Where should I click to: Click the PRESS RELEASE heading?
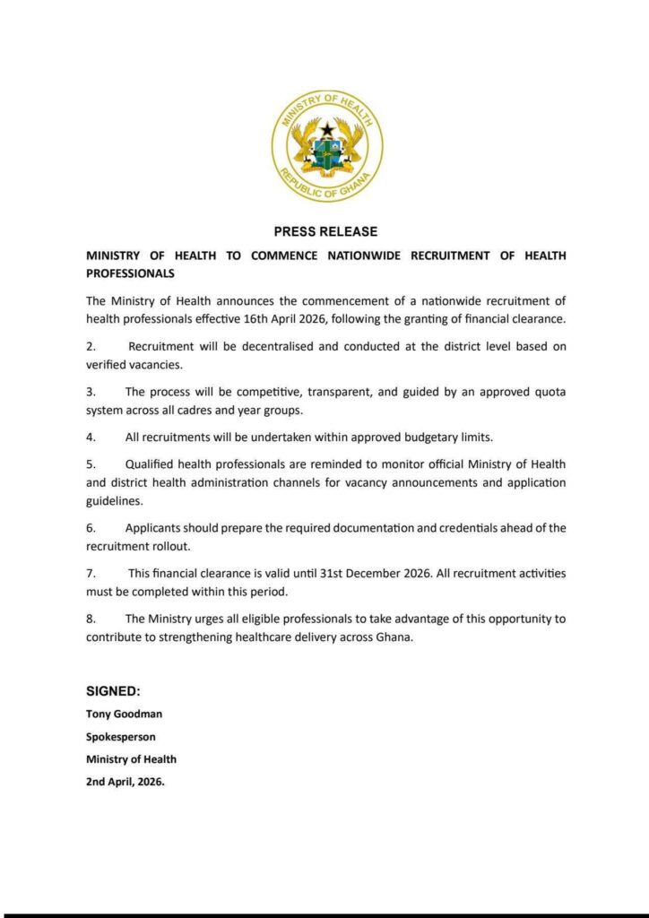pyautogui.click(x=325, y=231)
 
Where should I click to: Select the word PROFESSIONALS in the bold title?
pyautogui.click(x=130, y=273)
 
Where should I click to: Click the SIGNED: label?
pyautogui.click(x=113, y=691)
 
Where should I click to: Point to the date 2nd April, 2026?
pyautogui.click(x=125, y=781)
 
